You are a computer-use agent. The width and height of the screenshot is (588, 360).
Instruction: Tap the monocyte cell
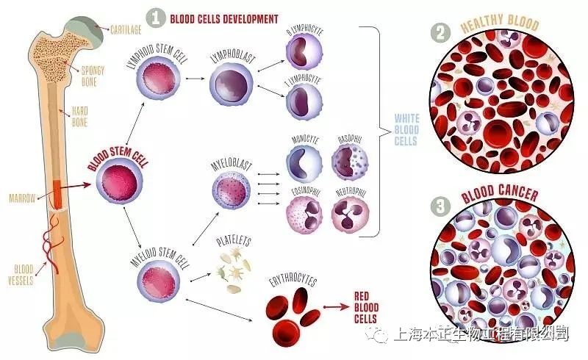(x=304, y=162)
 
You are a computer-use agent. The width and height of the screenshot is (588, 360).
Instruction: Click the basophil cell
(x=349, y=162)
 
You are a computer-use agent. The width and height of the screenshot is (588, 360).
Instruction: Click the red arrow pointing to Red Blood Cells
(x=337, y=307)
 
